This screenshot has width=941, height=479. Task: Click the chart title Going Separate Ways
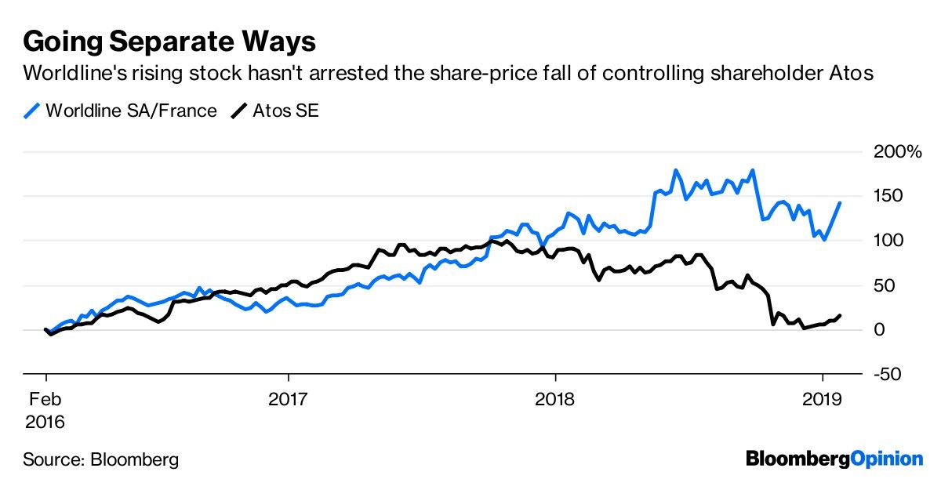click(169, 40)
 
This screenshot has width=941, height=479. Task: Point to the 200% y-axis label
click(898, 151)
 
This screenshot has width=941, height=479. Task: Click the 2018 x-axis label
click(555, 398)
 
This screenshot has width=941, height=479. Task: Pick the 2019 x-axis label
click(822, 398)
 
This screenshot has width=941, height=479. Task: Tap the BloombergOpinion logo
click(834, 458)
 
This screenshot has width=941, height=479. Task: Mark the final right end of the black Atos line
click(840, 315)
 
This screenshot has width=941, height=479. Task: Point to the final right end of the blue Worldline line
click(840, 203)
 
